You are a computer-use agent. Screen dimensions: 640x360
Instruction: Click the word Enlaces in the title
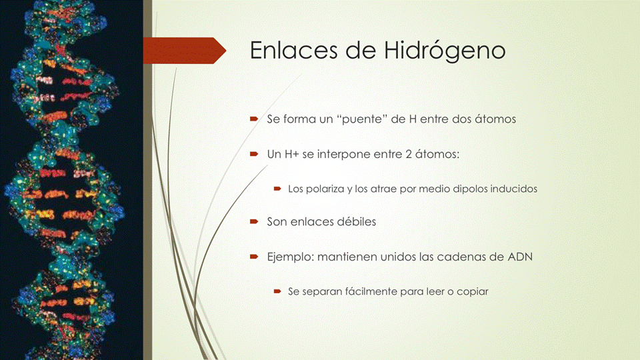point(294,50)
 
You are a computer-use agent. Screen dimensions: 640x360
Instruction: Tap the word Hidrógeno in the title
point(445,51)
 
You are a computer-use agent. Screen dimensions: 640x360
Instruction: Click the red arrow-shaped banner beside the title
point(185,51)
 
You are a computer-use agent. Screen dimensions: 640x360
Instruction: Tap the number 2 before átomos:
point(409,154)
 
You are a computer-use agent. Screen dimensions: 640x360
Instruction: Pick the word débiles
point(357,221)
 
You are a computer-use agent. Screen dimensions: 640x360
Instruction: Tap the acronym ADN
point(520,257)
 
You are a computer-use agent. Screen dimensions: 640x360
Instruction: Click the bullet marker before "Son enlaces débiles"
point(254,221)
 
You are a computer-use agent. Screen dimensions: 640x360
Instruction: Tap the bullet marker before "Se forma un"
point(254,119)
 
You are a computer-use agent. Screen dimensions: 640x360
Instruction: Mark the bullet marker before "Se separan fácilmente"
point(277,291)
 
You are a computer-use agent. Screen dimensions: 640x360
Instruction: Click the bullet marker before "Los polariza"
point(277,189)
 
